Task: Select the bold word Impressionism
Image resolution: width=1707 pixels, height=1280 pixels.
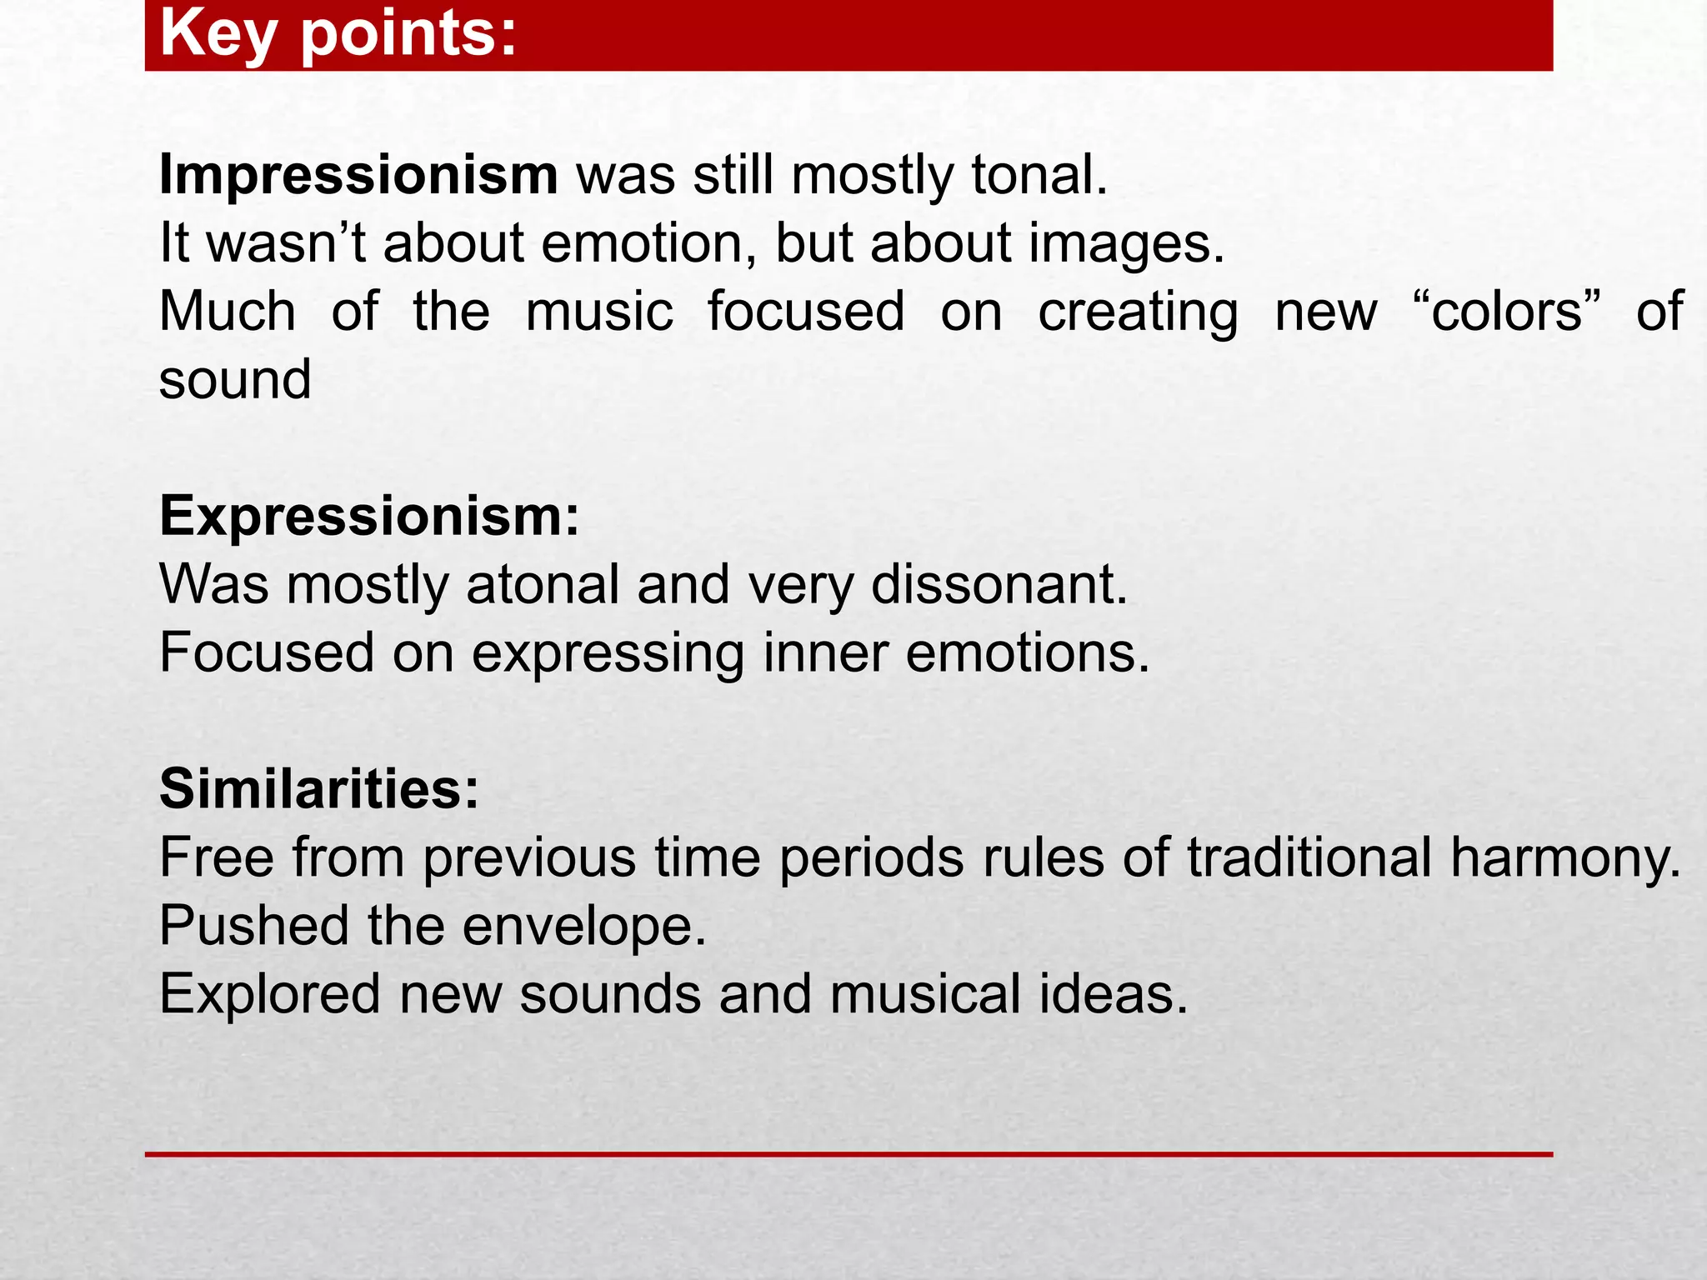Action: tap(358, 175)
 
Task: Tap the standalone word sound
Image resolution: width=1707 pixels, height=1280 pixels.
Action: tap(235, 380)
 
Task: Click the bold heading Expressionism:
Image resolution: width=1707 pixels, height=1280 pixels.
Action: tap(369, 517)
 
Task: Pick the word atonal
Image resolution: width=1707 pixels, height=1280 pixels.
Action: tap(543, 584)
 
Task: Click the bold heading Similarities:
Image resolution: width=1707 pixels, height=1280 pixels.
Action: tap(319, 788)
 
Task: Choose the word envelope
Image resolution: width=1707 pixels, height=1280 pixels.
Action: tap(583, 927)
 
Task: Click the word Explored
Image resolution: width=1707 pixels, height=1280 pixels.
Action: tap(269, 994)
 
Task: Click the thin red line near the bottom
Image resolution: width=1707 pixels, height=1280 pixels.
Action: tap(848, 1154)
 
